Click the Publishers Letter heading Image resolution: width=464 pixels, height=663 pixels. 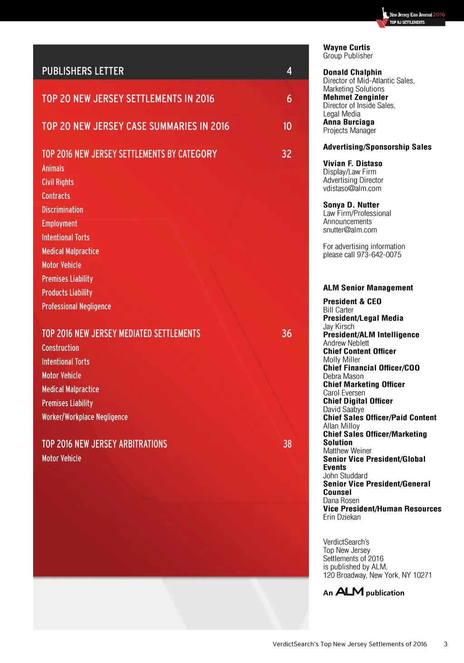click(x=83, y=71)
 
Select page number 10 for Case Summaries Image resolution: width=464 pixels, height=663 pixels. click(x=287, y=126)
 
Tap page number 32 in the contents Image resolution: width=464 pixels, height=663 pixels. click(x=286, y=154)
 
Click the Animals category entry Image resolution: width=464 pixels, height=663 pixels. click(x=53, y=169)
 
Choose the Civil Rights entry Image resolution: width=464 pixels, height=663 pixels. click(x=58, y=182)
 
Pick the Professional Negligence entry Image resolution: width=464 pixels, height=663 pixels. click(x=76, y=307)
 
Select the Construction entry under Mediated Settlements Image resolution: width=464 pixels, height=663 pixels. click(x=60, y=348)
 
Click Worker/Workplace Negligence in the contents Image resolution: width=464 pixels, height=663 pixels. click(x=85, y=417)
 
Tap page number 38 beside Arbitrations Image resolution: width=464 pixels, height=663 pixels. click(x=287, y=444)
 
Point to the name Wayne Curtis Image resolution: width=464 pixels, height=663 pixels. click(x=347, y=48)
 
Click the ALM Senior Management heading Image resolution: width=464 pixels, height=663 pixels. click(x=368, y=288)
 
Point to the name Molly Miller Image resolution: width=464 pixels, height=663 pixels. click(x=342, y=360)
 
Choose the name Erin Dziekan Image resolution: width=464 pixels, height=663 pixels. click(x=342, y=518)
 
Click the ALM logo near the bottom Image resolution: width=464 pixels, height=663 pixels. click(x=349, y=592)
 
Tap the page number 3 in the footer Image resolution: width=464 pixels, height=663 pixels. click(x=445, y=644)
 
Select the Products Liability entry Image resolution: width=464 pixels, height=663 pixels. click(x=67, y=293)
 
